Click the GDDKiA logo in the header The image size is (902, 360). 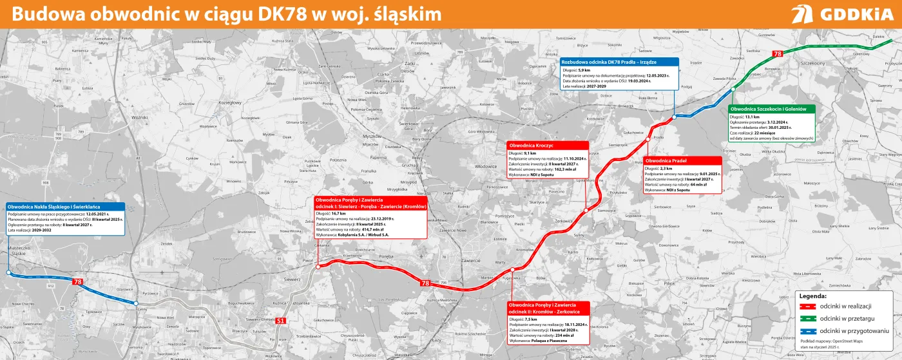[x=842, y=14]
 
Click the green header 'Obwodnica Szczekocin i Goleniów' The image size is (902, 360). [x=772, y=109]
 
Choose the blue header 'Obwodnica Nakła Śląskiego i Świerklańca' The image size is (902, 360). [x=65, y=207]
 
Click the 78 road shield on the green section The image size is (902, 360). [x=778, y=53]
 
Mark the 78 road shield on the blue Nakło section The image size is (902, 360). [x=77, y=282]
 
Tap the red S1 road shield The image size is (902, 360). [x=280, y=321]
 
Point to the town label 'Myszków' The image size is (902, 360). [x=372, y=137]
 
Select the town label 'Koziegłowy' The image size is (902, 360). [x=229, y=102]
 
